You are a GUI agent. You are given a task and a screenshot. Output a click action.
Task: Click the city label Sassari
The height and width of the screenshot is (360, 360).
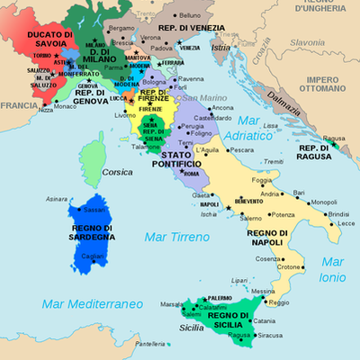94,209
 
